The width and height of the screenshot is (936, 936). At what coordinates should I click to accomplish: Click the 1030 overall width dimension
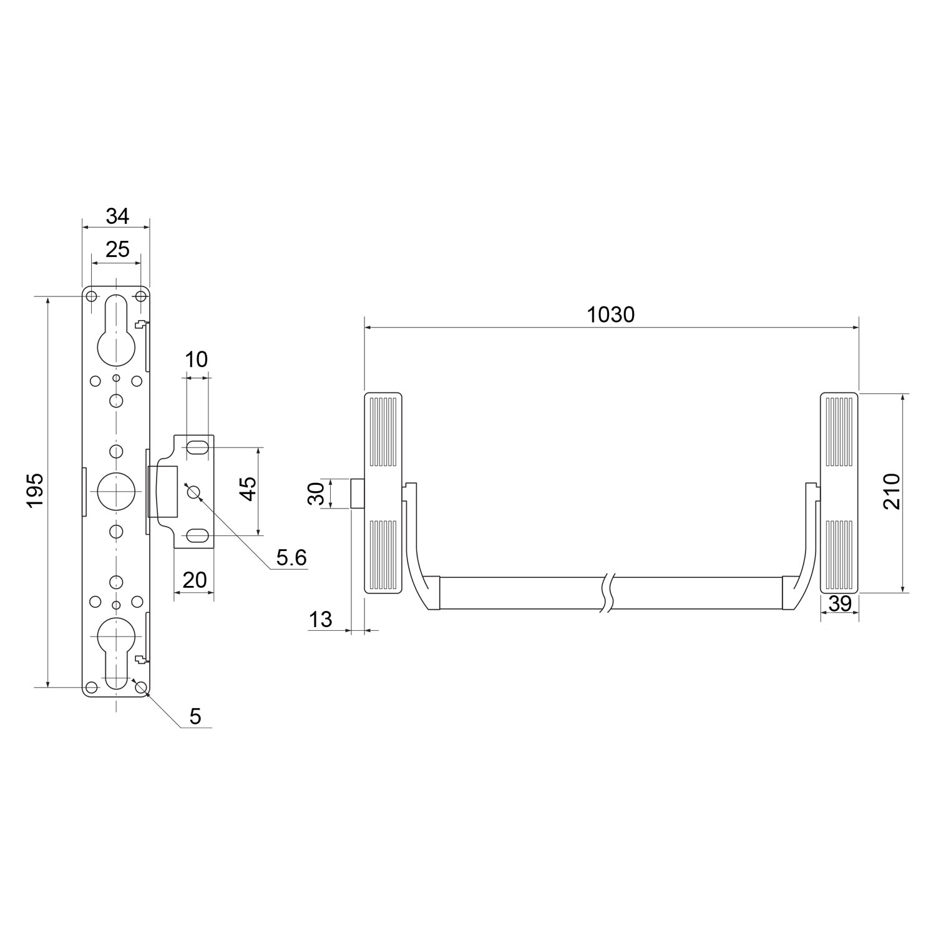pos(611,314)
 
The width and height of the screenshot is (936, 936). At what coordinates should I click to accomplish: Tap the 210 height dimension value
pos(892,492)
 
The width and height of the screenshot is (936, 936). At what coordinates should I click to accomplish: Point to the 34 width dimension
pos(117,216)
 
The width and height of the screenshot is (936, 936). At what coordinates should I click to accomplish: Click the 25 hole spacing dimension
pos(117,249)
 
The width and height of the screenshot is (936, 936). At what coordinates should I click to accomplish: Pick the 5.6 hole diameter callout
pos(291,558)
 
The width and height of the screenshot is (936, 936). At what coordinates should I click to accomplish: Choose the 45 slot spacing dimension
pos(248,489)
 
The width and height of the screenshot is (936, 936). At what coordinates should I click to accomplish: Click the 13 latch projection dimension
pos(321,620)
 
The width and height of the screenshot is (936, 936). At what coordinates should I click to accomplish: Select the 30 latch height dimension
pos(317,494)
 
